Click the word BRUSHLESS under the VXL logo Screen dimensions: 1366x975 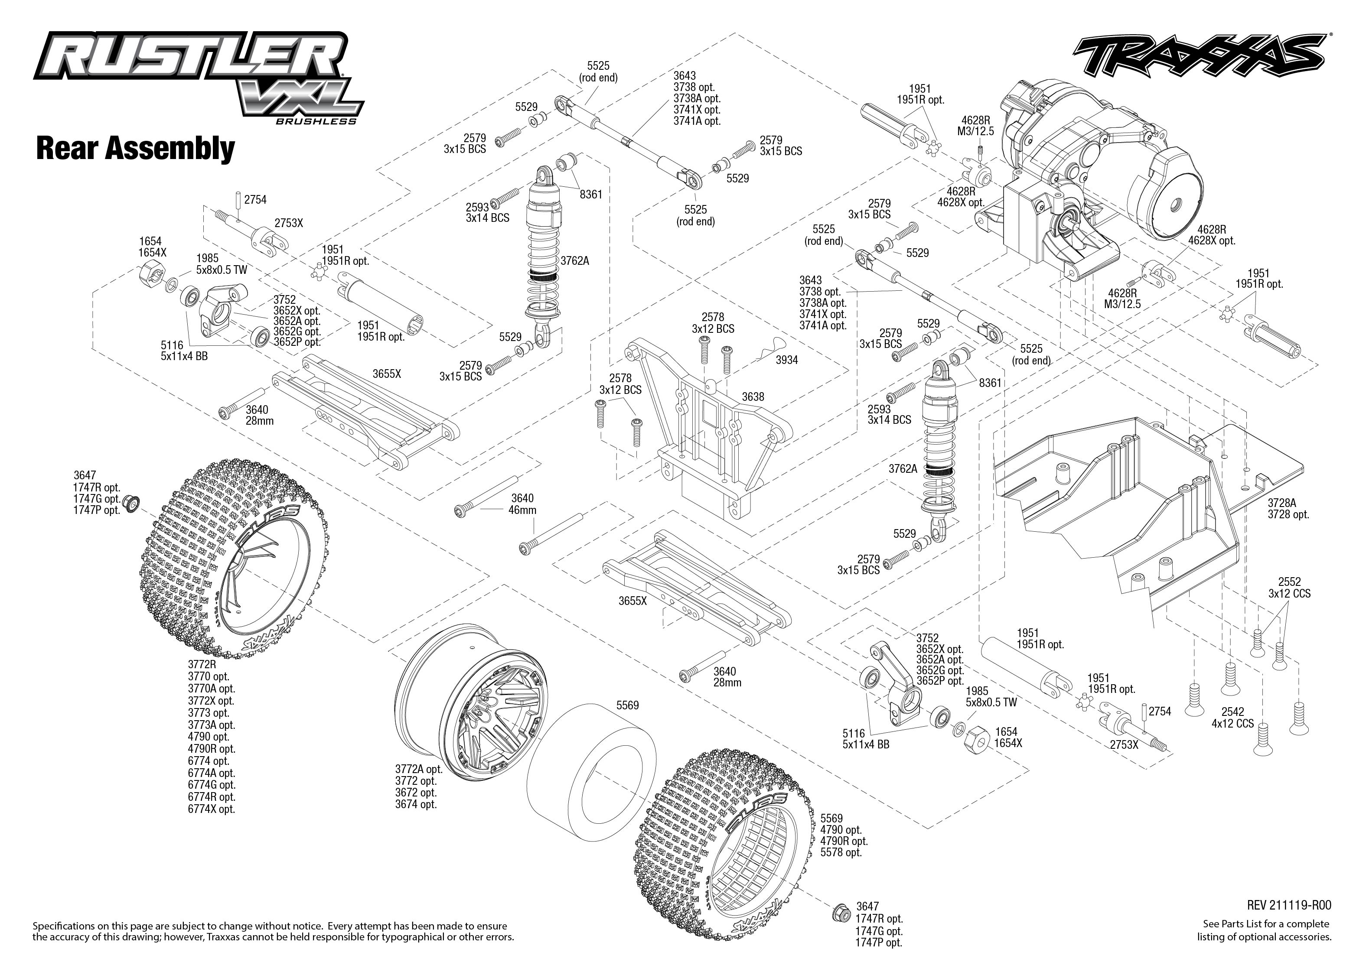(x=316, y=122)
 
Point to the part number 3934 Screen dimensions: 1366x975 (x=786, y=360)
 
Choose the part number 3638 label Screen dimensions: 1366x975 (x=753, y=397)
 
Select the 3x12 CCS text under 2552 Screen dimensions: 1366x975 (x=1289, y=594)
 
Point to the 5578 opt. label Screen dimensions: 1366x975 (x=841, y=852)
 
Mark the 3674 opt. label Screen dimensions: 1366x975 (x=415, y=805)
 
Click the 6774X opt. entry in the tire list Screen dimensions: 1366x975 (x=212, y=809)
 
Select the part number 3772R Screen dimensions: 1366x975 (x=202, y=665)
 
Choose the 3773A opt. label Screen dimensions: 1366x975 (x=212, y=725)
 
